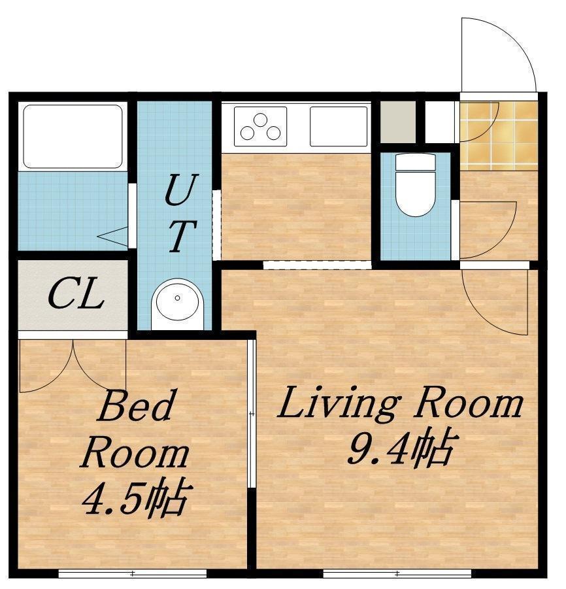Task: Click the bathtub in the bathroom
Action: pyautogui.click(x=73, y=136)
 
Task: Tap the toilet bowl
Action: pyautogui.click(x=416, y=185)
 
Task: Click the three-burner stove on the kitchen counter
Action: pyautogui.click(x=260, y=126)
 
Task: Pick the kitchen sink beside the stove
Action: pyautogui.click(x=339, y=126)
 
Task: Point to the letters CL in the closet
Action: pyautogui.click(x=76, y=294)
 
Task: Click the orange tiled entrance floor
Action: pyautogui.click(x=499, y=135)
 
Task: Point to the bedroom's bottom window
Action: pyautogui.click(x=133, y=573)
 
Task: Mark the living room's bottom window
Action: pyautogui.click(x=397, y=573)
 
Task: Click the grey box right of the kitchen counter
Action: pyautogui.click(x=398, y=122)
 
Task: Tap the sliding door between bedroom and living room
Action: pyautogui.click(x=252, y=414)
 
